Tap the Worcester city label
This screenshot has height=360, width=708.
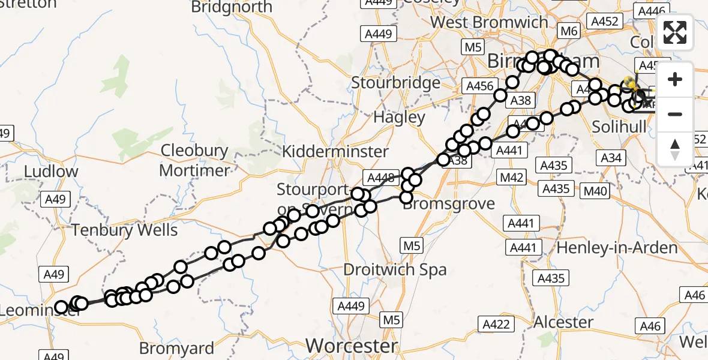(352, 346)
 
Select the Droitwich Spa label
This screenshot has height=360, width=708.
(395, 269)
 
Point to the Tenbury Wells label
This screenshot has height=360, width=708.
(125, 230)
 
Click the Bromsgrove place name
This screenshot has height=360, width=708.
(450, 203)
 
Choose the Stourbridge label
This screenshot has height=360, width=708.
(395, 82)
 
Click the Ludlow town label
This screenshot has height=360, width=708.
(51, 172)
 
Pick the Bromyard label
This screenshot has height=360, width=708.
(176, 348)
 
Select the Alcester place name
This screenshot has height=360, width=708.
(563, 322)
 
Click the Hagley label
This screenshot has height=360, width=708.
(399, 117)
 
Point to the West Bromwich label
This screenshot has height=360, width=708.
(489, 22)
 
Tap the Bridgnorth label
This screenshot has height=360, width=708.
(232, 7)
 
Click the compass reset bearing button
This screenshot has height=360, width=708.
(675, 149)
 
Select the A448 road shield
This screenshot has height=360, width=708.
(380, 177)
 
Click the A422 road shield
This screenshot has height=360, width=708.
(497, 325)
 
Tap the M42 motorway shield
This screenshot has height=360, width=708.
(512, 178)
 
